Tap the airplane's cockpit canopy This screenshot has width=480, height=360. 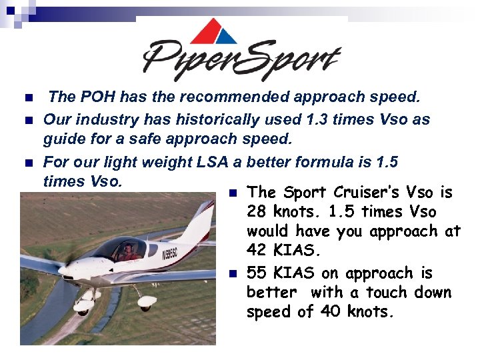(x=123, y=249)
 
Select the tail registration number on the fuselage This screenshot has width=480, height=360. (x=169, y=253)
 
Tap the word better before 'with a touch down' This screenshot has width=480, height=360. (x=271, y=293)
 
